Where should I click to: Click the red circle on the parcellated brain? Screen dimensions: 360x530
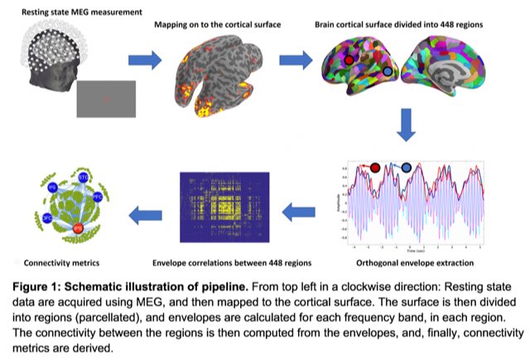click(x=349, y=60)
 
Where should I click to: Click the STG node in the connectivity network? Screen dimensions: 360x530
click(x=84, y=179)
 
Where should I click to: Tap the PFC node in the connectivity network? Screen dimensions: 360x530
click(x=98, y=198)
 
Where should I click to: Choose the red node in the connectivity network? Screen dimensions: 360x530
click(x=78, y=228)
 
